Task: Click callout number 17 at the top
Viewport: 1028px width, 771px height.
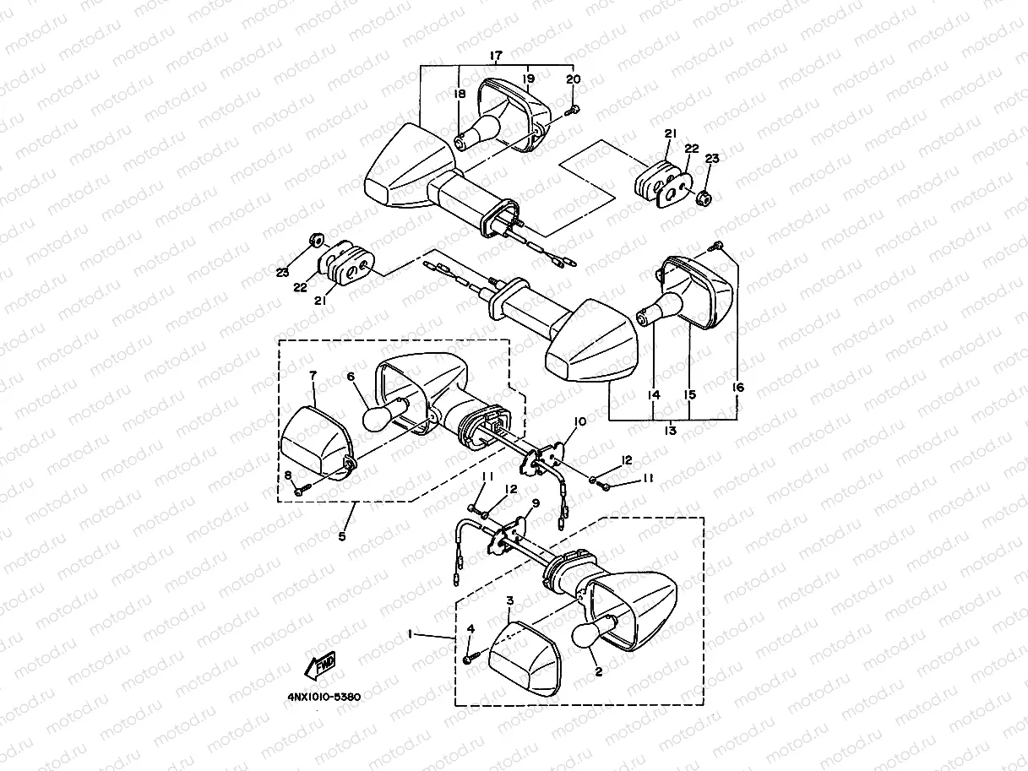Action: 496,56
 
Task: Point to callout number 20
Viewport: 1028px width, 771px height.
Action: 574,79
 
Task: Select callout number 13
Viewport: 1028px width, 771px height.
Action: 671,431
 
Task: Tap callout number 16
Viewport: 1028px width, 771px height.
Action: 738,388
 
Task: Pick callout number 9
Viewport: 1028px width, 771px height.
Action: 534,503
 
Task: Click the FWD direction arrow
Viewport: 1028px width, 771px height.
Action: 322,666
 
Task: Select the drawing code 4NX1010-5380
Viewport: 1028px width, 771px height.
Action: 324,698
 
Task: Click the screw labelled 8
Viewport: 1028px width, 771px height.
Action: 300,489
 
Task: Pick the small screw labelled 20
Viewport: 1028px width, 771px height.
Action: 574,110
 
